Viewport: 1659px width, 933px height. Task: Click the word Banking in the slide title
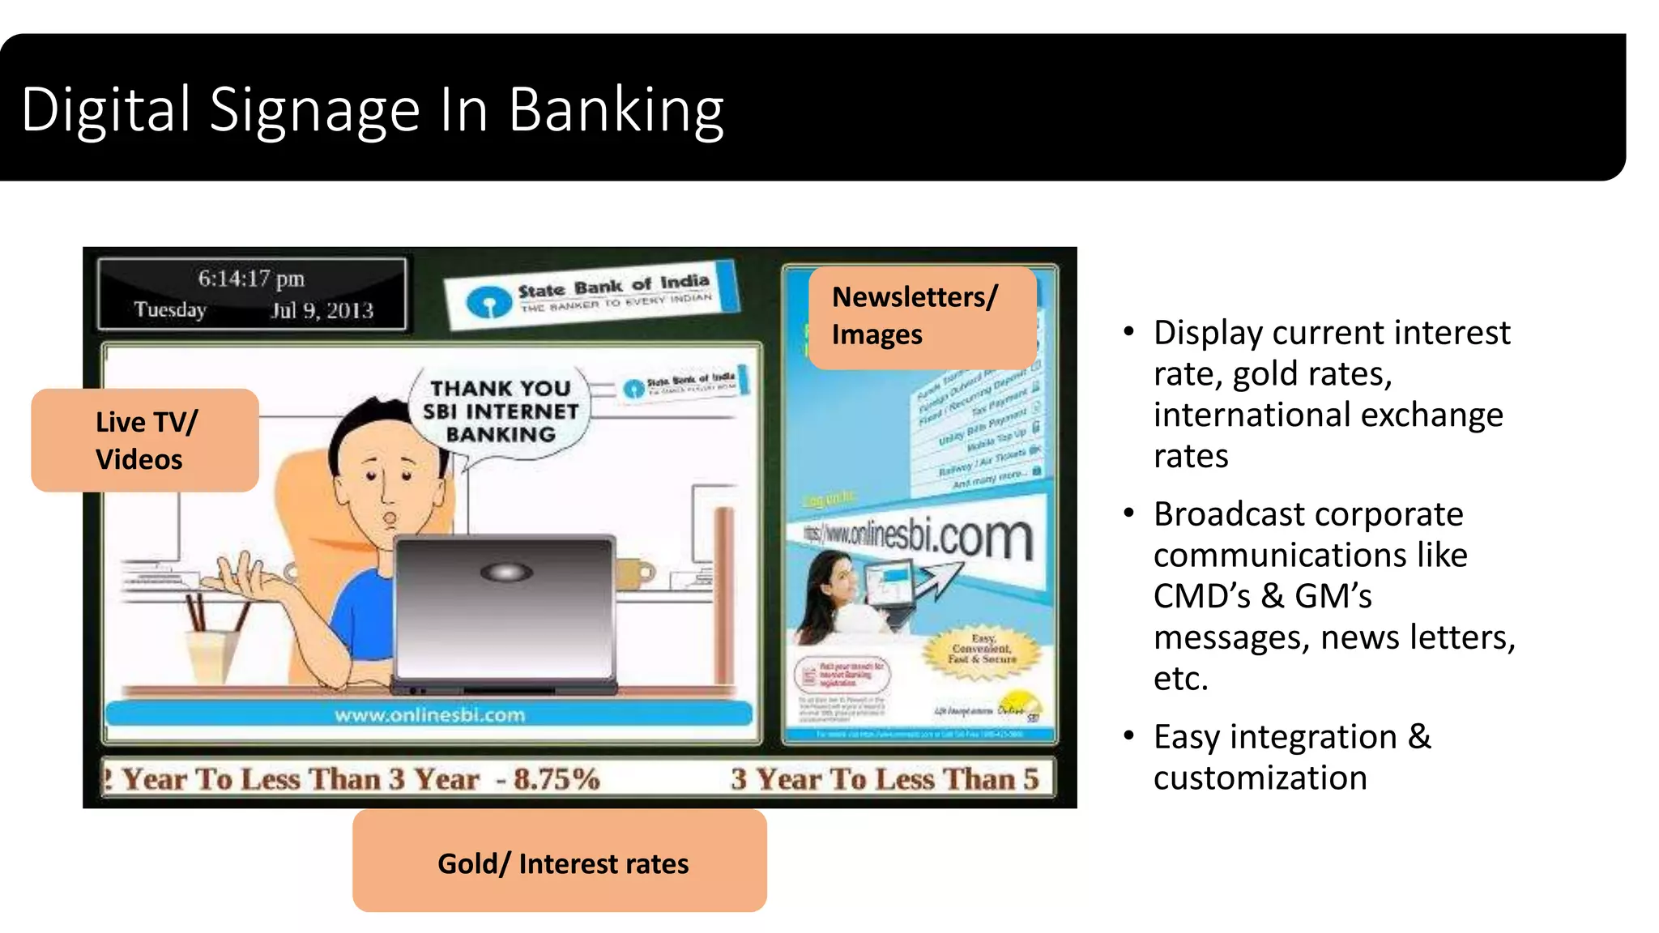(616, 110)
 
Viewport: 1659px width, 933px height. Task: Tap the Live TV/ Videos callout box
(145, 441)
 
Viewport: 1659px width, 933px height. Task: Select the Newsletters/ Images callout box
(922, 317)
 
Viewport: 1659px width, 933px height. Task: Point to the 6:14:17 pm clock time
(251, 279)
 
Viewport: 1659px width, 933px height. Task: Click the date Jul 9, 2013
(322, 310)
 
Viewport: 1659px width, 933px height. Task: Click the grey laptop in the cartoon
(504, 611)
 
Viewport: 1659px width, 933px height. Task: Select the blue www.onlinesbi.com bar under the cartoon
(429, 714)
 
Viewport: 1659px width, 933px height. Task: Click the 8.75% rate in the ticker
(557, 779)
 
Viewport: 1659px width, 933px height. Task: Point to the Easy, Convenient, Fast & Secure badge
(982, 650)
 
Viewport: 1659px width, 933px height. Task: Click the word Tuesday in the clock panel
(170, 310)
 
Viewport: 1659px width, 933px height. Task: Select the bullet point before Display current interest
(1128, 331)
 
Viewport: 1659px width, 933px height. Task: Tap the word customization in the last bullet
(1260, 778)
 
